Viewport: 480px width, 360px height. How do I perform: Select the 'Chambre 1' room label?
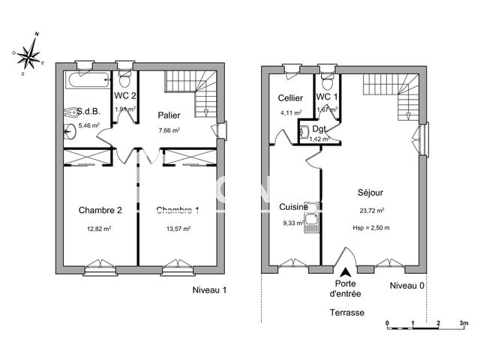(x=178, y=209)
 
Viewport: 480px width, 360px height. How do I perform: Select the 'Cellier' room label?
(x=289, y=98)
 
